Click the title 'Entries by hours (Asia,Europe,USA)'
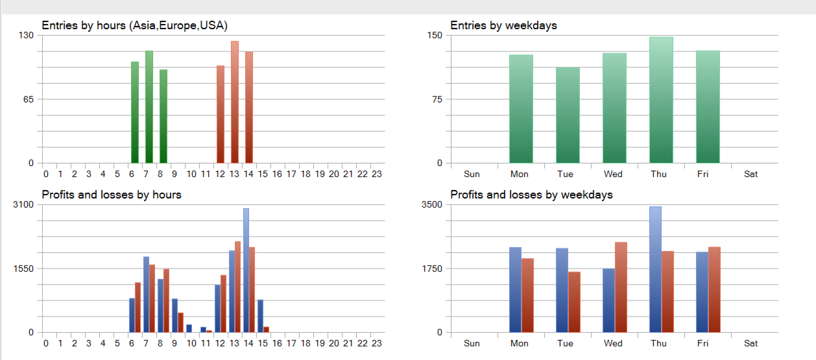pos(135,25)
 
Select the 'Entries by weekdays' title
pos(503,25)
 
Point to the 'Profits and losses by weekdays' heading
pos(531,195)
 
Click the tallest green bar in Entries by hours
pos(149,107)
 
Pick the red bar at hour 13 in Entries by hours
pos(235,102)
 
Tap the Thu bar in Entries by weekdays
pos(661,100)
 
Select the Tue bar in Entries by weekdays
pos(568,115)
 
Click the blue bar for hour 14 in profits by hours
pos(246,270)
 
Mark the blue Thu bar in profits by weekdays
pos(655,269)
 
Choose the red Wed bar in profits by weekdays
pos(621,287)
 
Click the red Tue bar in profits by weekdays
pos(574,302)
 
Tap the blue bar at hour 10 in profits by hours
pos(189,328)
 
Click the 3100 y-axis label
pos(23,204)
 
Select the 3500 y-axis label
pos(431,204)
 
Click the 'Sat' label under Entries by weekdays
pos(751,174)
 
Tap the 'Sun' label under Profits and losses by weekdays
pos(472,343)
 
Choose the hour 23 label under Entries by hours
pos(377,174)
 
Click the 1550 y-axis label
pos(23,269)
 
